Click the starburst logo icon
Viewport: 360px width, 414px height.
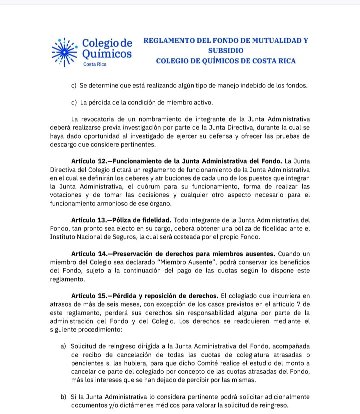click(64, 52)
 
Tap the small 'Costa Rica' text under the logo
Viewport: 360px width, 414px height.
click(95, 64)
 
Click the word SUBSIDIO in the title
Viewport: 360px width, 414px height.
click(226, 51)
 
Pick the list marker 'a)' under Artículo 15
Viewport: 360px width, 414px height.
click(63, 347)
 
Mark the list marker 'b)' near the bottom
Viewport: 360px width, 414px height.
click(63, 397)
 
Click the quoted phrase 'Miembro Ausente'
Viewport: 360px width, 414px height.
click(187, 262)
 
